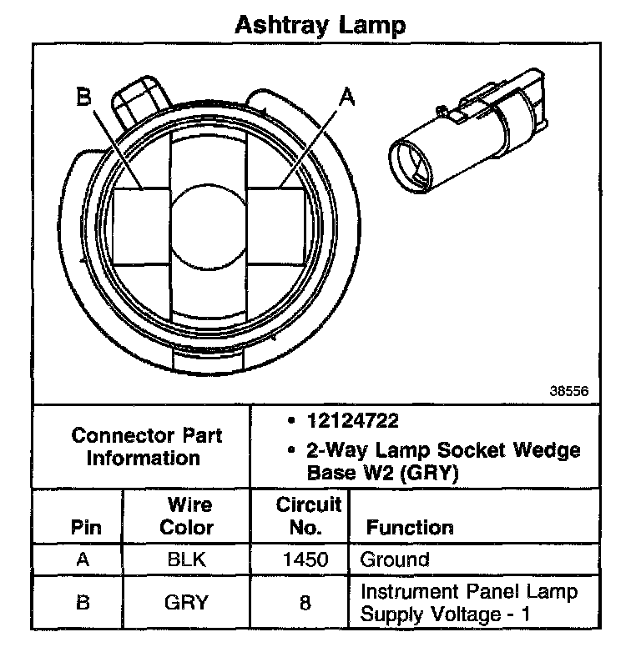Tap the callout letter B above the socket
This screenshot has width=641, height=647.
(83, 98)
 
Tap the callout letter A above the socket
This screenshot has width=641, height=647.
(346, 98)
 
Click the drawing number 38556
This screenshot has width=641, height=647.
(568, 389)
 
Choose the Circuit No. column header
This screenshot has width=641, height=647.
(308, 516)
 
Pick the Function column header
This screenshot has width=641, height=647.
(410, 527)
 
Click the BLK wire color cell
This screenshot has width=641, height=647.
(186, 559)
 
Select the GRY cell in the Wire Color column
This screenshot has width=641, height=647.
(186, 603)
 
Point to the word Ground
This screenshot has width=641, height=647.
(395, 559)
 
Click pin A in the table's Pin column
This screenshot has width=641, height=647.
(83, 559)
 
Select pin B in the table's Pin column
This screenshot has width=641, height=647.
(83, 603)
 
